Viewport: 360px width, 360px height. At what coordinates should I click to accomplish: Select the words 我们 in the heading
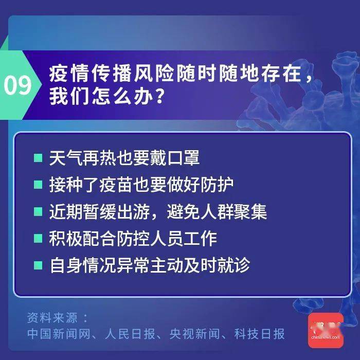[x=65, y=96]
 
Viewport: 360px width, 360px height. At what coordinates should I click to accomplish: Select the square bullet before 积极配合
[x=38, y=239]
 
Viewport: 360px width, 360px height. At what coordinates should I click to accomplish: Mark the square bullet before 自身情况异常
[x=38, y=265]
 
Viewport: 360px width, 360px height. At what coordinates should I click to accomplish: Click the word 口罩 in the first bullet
[x=185, y=158]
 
